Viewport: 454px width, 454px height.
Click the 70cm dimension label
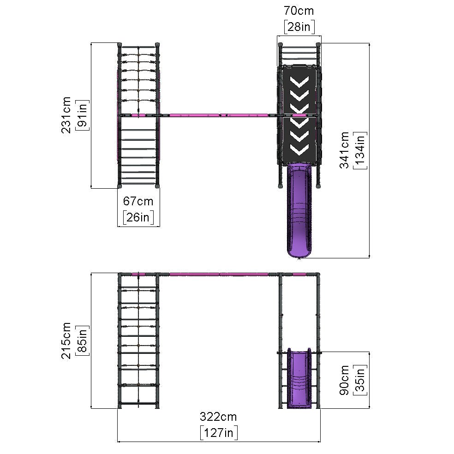point(299,11)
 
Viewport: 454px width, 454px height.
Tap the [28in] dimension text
point(299,27)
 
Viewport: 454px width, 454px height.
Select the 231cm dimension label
point(66,115)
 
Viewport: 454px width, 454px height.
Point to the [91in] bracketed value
point(83,115)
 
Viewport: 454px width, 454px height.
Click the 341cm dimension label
point(344,150)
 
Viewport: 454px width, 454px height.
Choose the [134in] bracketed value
point(360,150)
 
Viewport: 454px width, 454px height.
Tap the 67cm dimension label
point(138,201)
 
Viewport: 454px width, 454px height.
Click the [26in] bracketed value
point(138,217)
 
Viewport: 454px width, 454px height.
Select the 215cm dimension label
point(66,340)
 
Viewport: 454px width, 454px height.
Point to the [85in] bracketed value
point(83,340)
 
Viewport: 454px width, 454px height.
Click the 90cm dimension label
point(344,380)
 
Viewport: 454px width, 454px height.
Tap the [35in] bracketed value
point(360,380)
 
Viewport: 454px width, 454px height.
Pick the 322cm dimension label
point(218,417)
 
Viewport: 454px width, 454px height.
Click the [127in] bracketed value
point(219,433)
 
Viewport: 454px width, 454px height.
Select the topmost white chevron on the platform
point(299,82)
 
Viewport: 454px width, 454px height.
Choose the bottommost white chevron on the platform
point(299,149)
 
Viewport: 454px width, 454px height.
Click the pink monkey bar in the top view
point(217,114)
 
